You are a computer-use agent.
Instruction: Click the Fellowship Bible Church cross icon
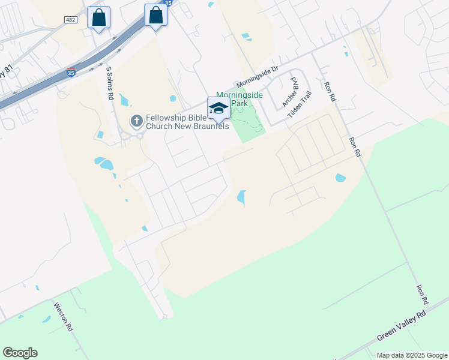[x=136, y=122]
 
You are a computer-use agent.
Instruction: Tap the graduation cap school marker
[x=218, y=109]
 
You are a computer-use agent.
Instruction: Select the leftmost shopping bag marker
[x=99, y=17]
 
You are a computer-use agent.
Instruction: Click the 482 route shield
[x=70, y=20]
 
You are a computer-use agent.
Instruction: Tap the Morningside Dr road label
[x=258, y=76]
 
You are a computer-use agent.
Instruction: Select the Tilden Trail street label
[x=300, y=104]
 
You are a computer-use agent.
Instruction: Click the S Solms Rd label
[x=110, y=83]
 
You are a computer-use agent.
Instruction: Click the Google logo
[x=20, y=353]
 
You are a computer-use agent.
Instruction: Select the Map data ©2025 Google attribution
[x=412, y=355]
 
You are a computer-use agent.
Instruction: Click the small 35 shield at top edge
[x=168, y=3]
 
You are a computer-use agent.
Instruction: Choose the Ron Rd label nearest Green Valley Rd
[x=422, y=293]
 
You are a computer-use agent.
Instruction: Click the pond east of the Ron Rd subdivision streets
[x=340, y=178]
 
